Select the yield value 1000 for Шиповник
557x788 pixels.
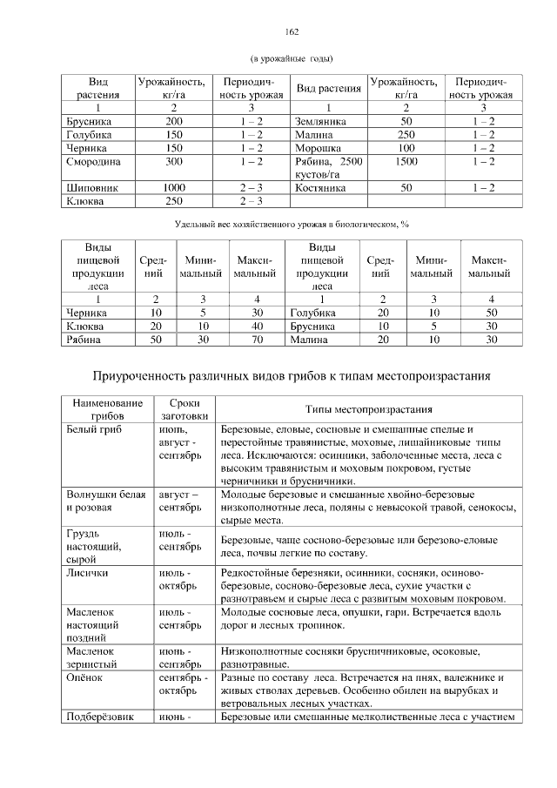coord(174,187)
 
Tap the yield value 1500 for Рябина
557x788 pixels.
coord(406,162)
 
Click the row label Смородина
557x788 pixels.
coord(93,162)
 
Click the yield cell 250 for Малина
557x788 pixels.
coord(406,135)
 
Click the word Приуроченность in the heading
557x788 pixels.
coord(147,376)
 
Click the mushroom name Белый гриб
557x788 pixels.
coord(92,430)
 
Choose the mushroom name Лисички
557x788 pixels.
coord(87,573)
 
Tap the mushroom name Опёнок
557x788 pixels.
coord(85,677)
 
